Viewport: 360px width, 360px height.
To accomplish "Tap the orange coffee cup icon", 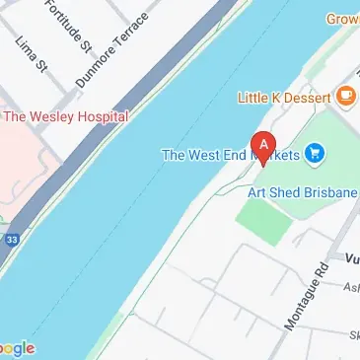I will click(x=345, y=96).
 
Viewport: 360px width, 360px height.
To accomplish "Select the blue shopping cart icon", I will click(x=316, y=153).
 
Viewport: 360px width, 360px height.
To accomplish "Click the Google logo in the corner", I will click(x=17, y=348).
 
